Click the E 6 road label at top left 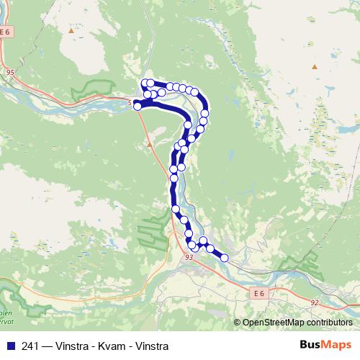(x=7, y=32)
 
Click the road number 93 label (x=189, y=256)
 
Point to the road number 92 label (x=315, y=304)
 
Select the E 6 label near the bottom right (x=260, y=294)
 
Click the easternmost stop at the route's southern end (x=224, y=257)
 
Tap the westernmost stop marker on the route (x=138, y=107)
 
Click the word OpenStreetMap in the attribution (x=271, y=323)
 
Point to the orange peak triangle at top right (x=314, y=67)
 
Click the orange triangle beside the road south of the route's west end (x=149, y=144)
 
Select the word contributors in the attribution (x=327, y=323)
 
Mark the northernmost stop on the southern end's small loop (x=203, y=240)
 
